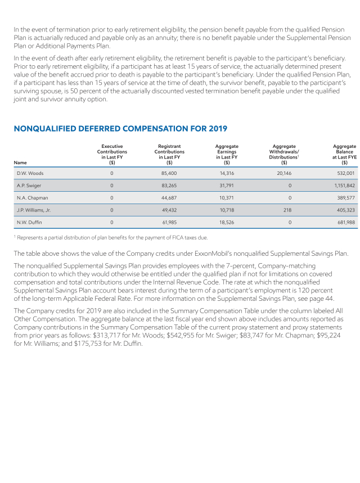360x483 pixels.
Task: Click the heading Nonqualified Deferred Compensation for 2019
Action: click(120, 129)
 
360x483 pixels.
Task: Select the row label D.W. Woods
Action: click(30, 173)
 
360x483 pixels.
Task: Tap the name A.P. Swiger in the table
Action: click(29, 186)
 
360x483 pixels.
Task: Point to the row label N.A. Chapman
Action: click(31, 198)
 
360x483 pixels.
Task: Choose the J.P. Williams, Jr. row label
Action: click(34, 210)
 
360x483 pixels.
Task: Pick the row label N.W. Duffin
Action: click(29, 223)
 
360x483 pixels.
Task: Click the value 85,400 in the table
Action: click(169, 173)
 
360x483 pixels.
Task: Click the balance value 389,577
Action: click(345, 198)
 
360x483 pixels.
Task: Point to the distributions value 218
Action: click(287, 210)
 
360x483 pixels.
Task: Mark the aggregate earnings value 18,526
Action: click(226, 223)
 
